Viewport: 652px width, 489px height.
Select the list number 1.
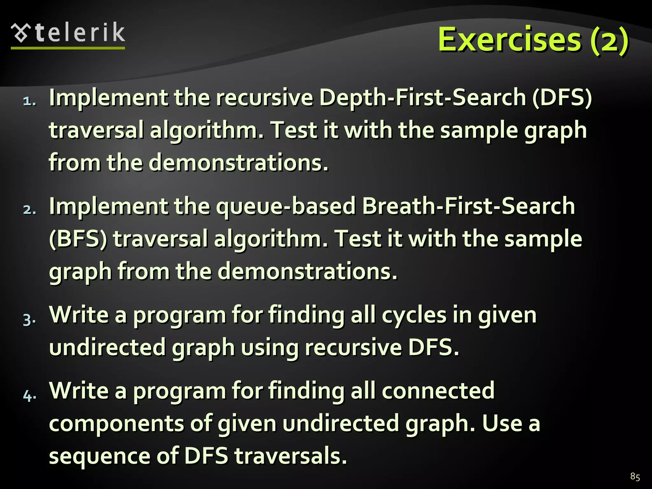(29, 101)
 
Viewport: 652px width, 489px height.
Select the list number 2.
(29, 210)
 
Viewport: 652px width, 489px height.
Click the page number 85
(635, 477)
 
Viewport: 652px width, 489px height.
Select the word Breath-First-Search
(468, 206)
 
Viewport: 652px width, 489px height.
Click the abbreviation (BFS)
(78, 239)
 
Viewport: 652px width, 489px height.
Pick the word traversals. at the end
(291, 456)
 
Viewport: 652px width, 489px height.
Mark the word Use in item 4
(502, 423)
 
